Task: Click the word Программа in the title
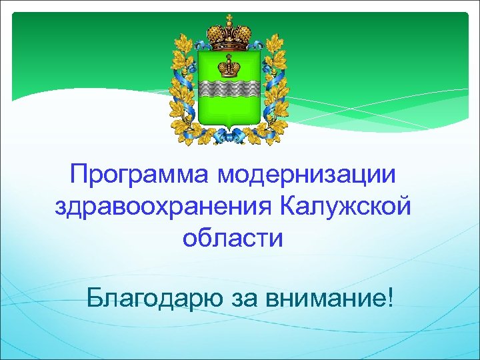coord(139,177)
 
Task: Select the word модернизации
coord(306,176)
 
